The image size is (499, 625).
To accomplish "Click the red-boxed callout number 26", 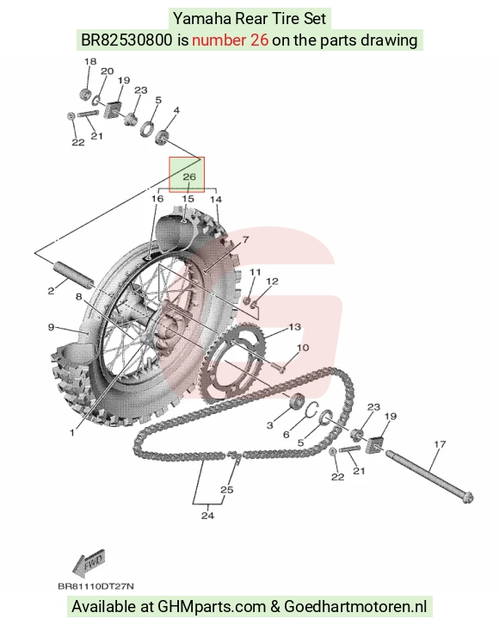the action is (189, 176).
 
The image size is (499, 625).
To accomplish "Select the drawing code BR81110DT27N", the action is (96, 586).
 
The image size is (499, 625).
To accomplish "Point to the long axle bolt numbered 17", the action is (429, 475).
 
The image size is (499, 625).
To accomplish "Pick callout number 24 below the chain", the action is (207, 516).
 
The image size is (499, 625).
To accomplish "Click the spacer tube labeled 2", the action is (74, 275).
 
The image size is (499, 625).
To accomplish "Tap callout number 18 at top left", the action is (90, 61).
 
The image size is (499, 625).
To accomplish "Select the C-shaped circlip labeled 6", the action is (312, 410).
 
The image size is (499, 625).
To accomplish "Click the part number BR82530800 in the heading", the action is (127, 40).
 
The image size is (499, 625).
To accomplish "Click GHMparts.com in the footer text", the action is (212, 607).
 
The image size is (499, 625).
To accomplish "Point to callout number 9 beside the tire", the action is (51, 327).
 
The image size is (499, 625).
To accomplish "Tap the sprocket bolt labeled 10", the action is (278, 367).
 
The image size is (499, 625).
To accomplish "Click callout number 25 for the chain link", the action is (226, 490).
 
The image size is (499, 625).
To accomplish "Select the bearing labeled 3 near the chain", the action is (296, 400).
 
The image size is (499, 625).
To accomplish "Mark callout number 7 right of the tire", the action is (245, 239).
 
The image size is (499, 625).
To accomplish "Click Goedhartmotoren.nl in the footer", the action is (355, 607).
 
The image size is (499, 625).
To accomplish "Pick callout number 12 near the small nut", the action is (272, 282).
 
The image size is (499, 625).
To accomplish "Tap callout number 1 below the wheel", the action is (72, 432).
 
